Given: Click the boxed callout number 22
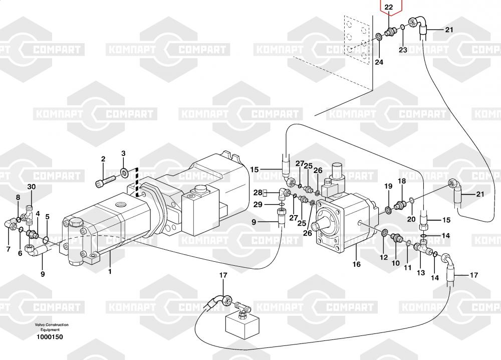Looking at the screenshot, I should [389, 7].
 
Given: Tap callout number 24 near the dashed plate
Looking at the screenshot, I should [379, 62].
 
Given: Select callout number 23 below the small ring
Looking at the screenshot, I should [403, 50].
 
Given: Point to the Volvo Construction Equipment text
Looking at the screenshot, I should [52, 327].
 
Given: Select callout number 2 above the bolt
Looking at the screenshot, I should [103, 159].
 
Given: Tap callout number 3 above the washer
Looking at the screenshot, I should [124, 153].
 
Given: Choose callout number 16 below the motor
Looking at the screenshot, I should [356, 264].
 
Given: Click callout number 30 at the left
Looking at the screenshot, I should [32, 187].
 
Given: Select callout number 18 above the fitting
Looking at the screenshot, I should [402, 181].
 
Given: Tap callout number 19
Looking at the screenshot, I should [388, 187].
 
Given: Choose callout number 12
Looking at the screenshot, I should [384, 257].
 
